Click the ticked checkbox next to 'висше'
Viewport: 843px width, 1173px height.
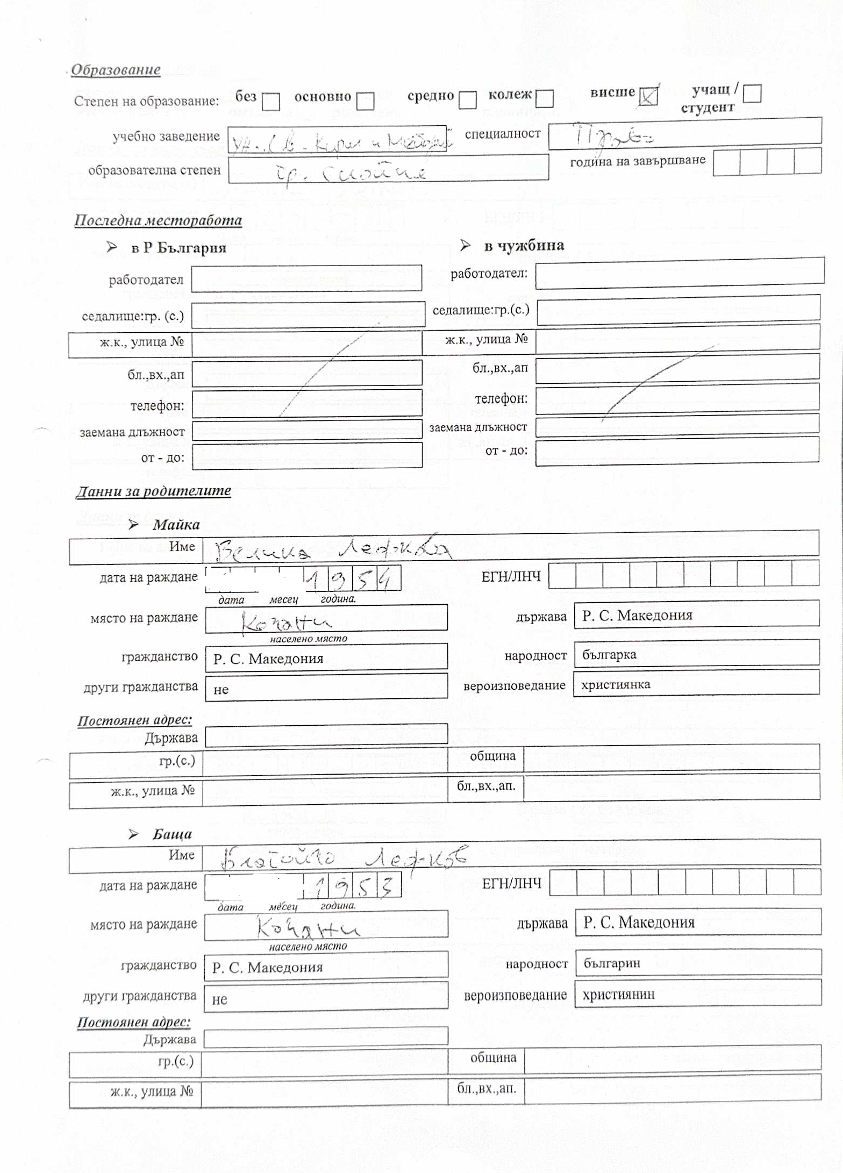tap(648, 97)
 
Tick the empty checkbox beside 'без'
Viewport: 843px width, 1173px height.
tap(271, 101)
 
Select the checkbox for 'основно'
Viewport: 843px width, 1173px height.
tap(366, 101)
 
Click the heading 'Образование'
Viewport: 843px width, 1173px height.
tap(116, 70)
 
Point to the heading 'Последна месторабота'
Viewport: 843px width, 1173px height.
tap(158, 220)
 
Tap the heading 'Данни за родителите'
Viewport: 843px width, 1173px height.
tap(154, 491)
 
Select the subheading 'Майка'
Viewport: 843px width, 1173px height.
tap(176, 525)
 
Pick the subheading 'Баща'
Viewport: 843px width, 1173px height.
tap(172, 834)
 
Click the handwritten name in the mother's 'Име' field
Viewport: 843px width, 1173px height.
tap(333, 550)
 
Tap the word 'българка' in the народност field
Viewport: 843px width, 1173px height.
tap(609, 654)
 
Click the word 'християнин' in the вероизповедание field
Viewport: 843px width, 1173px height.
tap(618, 994)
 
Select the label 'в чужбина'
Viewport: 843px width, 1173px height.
tap(524, 246)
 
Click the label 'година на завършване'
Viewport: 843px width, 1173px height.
tap(638, 161)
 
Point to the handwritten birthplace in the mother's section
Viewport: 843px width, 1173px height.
tap(286, 623)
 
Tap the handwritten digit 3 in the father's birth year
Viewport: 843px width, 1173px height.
tap(387, 886)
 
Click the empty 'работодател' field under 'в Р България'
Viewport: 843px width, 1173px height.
tap(306, 278)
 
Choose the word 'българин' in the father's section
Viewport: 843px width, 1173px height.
tap(612, 963)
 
